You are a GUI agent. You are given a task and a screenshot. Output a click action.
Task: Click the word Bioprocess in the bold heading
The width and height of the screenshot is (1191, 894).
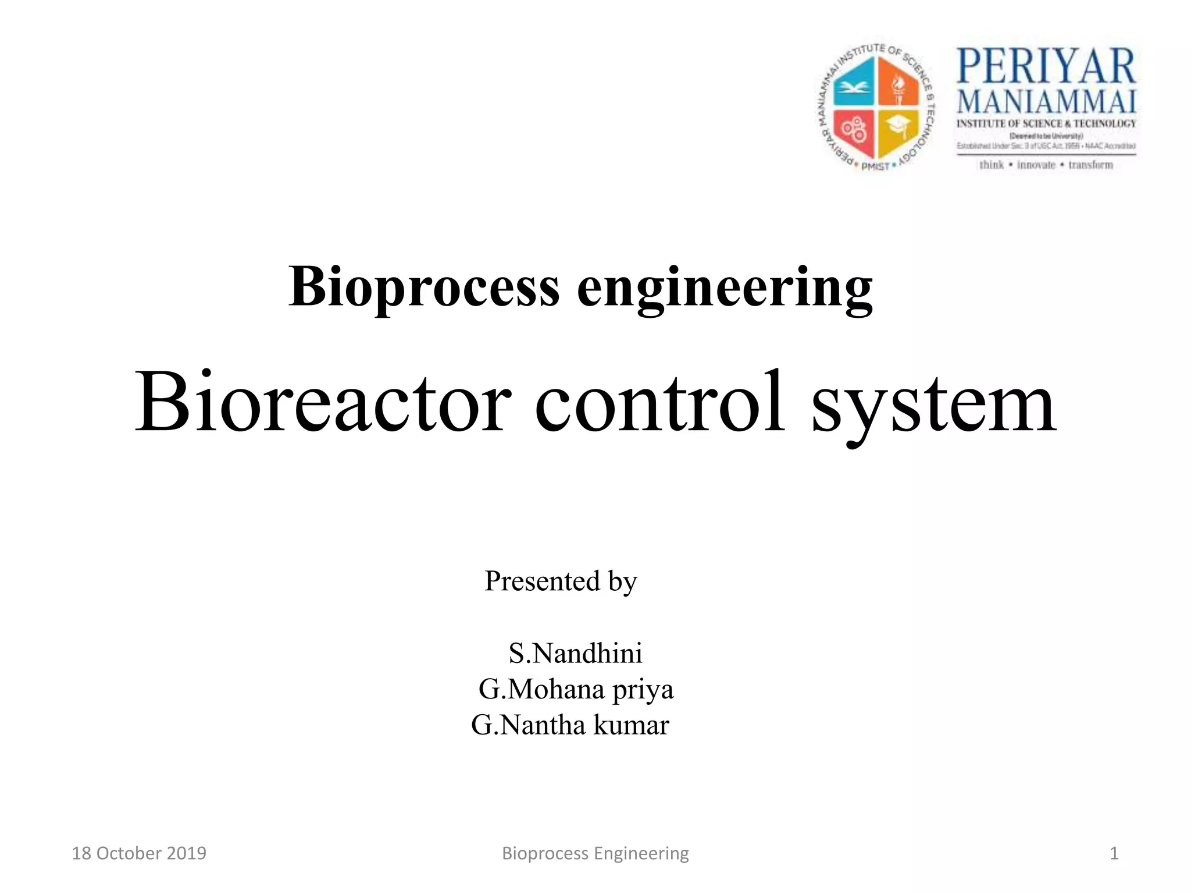tap(424, 288)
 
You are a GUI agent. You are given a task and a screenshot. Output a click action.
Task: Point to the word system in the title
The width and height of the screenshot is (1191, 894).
tap(933, 404)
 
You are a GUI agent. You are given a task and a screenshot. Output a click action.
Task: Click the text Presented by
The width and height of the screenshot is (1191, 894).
tap(561, 581)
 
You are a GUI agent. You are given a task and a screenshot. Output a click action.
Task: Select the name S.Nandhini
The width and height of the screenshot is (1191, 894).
tap(575, 653)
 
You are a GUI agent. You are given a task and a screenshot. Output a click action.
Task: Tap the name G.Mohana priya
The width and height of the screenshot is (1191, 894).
tap(576, 690)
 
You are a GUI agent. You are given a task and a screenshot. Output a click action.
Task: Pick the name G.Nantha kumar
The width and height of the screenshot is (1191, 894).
tap(570, 725)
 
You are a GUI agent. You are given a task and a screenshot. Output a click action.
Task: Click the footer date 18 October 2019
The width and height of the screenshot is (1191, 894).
tap(139, 853)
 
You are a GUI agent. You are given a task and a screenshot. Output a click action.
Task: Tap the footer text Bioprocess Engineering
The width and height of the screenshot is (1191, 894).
tap(595, 853)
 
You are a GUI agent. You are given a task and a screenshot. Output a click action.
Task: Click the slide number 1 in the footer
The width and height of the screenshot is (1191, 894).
tap(1114, 853)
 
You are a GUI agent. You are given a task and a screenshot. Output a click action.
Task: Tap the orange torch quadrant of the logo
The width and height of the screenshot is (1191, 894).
tap(898, 86)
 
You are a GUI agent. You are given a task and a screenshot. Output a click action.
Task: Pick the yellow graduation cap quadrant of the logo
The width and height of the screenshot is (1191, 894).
tap(898, 130)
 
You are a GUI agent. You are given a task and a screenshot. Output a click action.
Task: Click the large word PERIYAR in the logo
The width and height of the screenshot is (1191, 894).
tap(1046, 66)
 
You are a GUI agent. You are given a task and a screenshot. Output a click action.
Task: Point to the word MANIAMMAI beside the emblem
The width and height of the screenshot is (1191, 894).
tap(1046, 102)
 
